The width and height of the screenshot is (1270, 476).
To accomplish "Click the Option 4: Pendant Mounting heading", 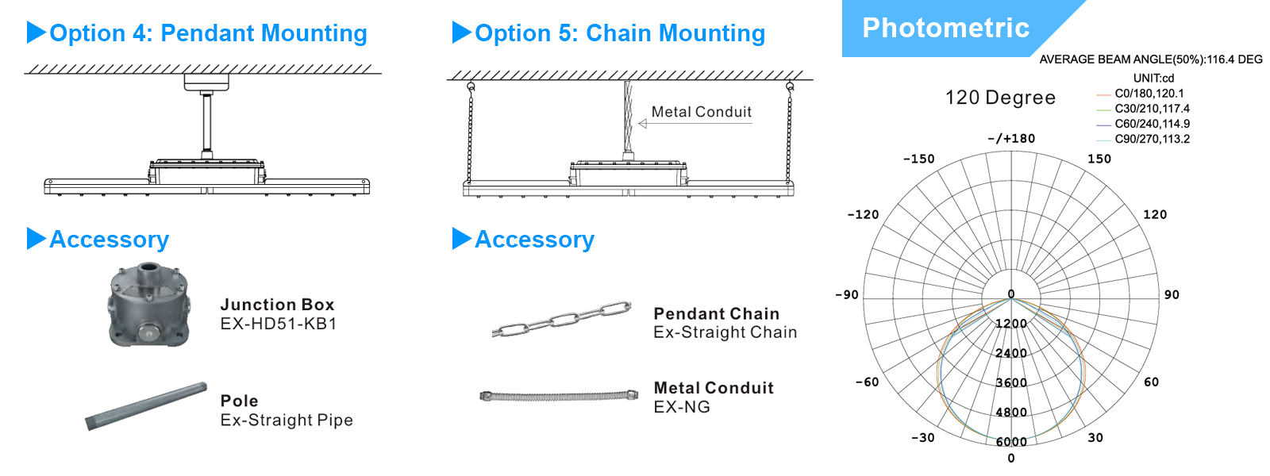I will click(208, 33).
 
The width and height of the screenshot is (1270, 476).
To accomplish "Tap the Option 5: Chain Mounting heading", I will click(619, 33).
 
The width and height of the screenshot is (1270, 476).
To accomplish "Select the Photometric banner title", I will click(945, 28).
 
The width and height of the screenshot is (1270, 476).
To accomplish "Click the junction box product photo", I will click(149, 305).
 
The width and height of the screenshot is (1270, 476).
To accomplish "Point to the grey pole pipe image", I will click(146, 406).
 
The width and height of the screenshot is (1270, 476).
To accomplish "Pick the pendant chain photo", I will click(561, 319).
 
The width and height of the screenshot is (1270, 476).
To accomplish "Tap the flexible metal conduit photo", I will click(558, 395).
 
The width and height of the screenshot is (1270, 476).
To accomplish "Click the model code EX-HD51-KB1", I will click(279, 324).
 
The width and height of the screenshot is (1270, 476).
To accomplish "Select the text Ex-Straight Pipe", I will click(287, 420).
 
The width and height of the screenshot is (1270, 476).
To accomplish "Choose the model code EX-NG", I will click(682, 407).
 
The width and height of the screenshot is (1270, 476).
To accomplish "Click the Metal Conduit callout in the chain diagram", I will click(701, 112).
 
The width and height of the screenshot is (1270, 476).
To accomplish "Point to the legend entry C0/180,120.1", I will click(1149, 93).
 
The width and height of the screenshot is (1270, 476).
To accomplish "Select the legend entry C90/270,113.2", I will click(1152, 139).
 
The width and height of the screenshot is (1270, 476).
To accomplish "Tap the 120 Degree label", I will click(1000, 98).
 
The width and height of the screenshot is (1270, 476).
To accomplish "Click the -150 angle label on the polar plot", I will click(919, 159).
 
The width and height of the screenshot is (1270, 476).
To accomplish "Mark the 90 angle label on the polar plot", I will click(1172, 294).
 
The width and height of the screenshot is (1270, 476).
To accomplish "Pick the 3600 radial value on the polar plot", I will click(1011, 382).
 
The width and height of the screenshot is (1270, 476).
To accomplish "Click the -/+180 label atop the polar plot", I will click(1011, 138).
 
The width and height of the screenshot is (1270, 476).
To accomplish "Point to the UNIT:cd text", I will click(1153, 78).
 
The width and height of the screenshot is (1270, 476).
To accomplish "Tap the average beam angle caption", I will click(1151, 59).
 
